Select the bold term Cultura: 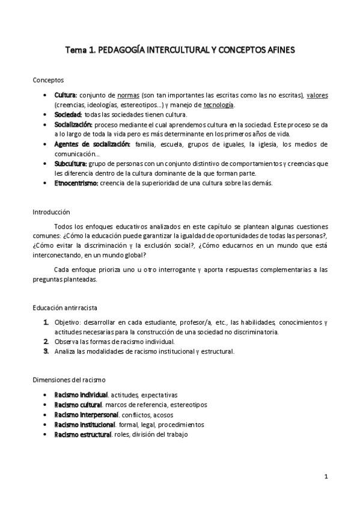click(66, 95)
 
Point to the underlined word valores click(317, 95)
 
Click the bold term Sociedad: click(68, 114)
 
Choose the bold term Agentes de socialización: click(92, 144)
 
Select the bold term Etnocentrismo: click(76, 183)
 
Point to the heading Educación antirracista click(69, 307)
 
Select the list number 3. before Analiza click(46, 351)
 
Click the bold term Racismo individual click(81, 395)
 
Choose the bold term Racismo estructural click(82, 434)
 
